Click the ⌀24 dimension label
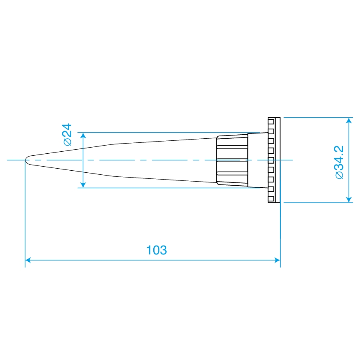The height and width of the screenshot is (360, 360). coord(68,135)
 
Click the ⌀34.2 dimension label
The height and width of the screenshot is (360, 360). coord(339,162)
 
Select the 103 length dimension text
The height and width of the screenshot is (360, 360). coord(157,250)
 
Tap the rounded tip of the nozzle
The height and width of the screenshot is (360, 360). coord(26,160)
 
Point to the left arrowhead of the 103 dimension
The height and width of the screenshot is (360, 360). coord(28,260)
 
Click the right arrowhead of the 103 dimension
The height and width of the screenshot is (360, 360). coord(277,260)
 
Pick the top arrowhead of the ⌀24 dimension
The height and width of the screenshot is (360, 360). coord(83,136)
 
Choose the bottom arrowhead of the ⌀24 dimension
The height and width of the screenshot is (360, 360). coord(83,185)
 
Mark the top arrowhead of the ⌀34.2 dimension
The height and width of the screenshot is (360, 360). coord(349,121)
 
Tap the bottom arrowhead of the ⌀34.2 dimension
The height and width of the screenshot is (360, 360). coord(349,199)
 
